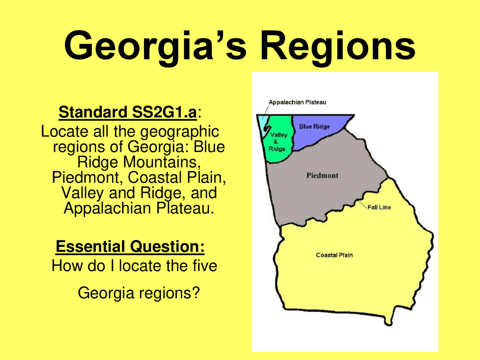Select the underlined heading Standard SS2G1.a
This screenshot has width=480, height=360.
point(127,112)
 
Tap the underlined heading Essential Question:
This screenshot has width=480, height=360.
point(130,246)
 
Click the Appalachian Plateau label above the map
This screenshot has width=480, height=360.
point(297,102)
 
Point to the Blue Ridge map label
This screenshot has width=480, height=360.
point(314,126)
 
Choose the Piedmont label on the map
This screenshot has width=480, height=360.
point(322,175)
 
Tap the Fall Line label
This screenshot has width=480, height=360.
point(379,207)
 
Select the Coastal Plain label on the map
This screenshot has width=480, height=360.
point(334,255)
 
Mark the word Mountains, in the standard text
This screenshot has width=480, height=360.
point(162,162)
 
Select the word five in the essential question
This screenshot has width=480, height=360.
point(205,265)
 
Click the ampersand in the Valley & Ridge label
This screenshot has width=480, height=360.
point(276,142)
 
